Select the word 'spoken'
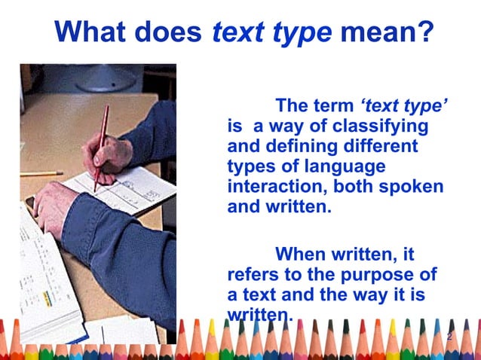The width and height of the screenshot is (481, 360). click(414, 186)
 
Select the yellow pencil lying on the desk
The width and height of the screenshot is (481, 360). click(41, 174)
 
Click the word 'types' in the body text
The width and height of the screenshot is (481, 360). click(251, 166)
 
